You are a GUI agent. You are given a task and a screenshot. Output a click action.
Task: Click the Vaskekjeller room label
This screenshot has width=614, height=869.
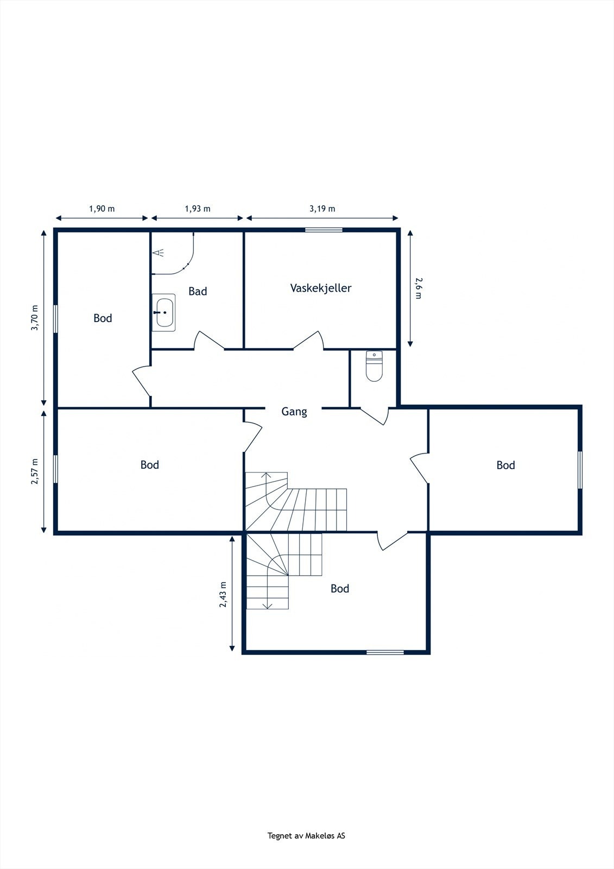tap(320, 288)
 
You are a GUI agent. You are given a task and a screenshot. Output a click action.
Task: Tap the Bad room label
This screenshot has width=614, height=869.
tap(198, 292)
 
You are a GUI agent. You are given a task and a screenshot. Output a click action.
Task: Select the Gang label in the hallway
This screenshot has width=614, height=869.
tap(294, 412)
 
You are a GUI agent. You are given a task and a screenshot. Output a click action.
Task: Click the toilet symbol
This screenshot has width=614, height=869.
tap(375, 367)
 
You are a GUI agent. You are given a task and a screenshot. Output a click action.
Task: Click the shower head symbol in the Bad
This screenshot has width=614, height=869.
tap(158, 253)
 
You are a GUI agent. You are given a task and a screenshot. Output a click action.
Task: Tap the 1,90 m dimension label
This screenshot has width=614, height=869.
tap(102, 209)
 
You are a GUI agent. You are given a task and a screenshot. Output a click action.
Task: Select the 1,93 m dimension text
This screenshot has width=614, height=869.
tap(198, 209)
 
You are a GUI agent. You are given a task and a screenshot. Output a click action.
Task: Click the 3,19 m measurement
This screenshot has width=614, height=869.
tap(322, 209)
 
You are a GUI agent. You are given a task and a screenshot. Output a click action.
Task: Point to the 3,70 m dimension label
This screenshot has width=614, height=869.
tap(35, 317)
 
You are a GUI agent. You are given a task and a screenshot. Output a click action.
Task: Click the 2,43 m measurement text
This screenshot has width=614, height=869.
tap(223, 594)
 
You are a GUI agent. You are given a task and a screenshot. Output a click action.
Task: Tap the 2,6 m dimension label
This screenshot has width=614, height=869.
tap(419, 288)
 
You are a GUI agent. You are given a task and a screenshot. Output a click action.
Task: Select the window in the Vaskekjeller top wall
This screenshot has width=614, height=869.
tap(324, 230)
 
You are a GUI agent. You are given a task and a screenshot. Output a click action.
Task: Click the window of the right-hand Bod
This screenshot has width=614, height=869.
tap(580, 470)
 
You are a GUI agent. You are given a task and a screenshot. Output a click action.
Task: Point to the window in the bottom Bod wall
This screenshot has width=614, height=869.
tap(385, 652)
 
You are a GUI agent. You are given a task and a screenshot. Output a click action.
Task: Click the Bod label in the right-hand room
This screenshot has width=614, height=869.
tap(505, 465)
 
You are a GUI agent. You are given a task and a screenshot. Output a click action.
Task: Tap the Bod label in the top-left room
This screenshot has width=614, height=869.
tap(103, 318)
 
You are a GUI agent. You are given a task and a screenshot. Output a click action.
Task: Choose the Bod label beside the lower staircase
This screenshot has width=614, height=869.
tap(340, 589)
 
